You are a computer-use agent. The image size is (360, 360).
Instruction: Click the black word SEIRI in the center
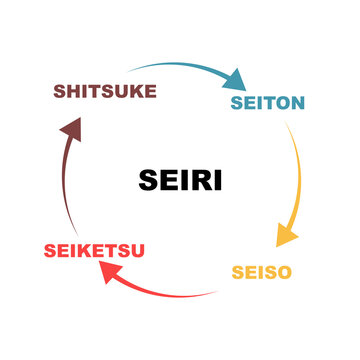[180, 181]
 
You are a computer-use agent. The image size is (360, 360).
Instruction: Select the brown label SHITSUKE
[105, 92]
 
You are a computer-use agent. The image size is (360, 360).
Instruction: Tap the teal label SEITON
[267, 103]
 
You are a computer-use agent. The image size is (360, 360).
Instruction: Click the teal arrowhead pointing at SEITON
[236, 79]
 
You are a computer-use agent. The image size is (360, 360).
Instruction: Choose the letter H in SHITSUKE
[76, 92]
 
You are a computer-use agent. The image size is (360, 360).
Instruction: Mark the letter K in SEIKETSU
[88, 250]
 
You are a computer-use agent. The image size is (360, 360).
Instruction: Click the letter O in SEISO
[285, 272]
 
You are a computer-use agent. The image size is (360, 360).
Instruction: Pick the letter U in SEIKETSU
[136, 250]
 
